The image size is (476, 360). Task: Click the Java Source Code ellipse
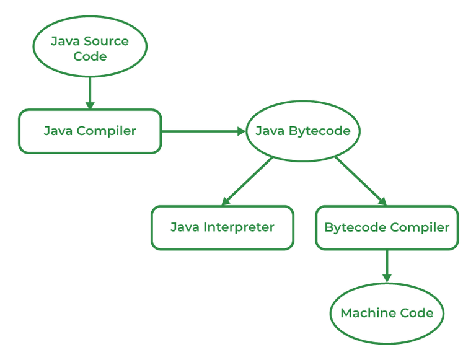[90, 48]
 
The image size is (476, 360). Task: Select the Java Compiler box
[90, 131]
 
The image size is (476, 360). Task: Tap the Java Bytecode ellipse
[303, 131]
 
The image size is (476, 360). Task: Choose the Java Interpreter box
[222, 227]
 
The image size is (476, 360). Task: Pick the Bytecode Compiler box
[387, 227]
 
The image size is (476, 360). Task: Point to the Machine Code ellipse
[387, 313]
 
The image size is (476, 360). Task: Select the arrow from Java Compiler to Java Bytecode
[201, 131]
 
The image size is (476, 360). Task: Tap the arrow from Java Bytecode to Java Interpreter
[248, 180]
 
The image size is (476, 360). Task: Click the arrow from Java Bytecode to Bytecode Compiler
[359, 180]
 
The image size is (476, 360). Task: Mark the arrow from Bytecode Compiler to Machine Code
[387, 265]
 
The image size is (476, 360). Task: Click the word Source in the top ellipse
[107, 42]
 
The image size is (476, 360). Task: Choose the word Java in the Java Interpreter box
[183, 227]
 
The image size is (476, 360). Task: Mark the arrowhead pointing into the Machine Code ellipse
[387, 278]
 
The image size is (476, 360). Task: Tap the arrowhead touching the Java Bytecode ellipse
[241, 131]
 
